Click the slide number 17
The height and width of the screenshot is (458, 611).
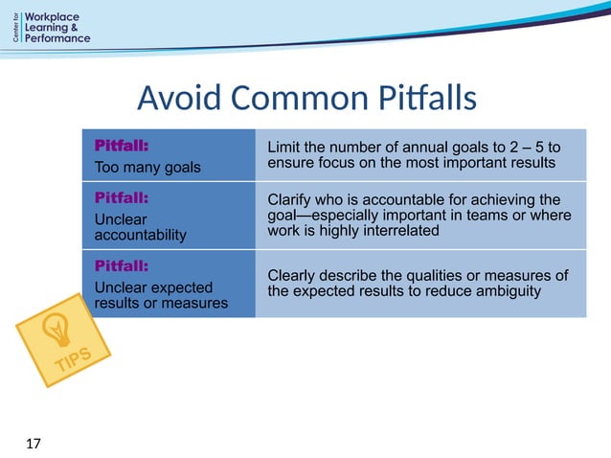click(x=34, y=443)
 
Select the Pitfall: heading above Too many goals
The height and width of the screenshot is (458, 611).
click(x=121, y=146)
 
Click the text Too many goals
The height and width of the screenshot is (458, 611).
click(x=147, y=168)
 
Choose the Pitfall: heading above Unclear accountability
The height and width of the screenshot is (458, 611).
click(x=121, y=198)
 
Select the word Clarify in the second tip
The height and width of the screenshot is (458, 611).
click(x=291, y=199)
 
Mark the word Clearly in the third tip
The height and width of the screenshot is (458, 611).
click(x=293, y=276)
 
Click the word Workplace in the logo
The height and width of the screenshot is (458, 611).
click(x=57, y=18)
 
